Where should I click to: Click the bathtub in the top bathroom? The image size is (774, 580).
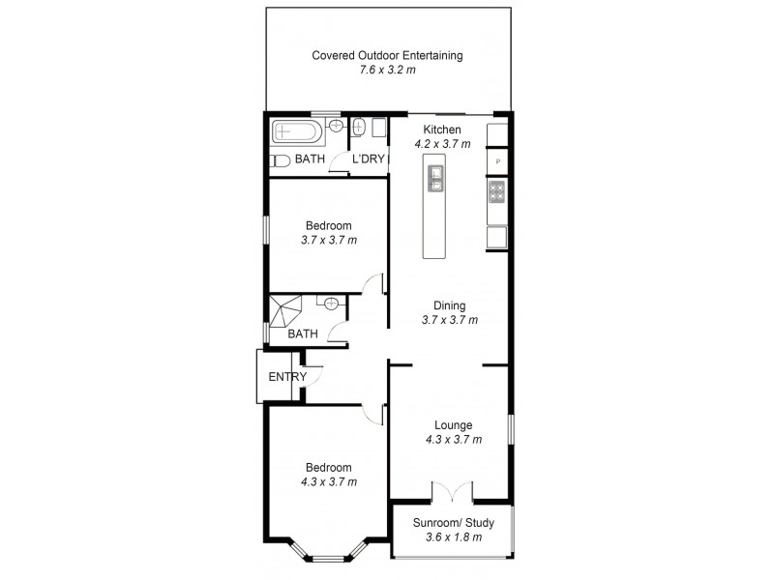299,131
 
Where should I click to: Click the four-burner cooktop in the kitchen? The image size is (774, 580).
497,194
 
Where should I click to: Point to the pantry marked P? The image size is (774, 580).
497,161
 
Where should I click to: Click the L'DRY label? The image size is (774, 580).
369,159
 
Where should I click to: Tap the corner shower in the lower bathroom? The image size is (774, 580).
285,311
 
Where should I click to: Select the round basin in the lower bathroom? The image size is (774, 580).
332,303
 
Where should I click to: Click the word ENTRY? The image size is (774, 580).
287,377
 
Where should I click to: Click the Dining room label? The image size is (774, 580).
450,304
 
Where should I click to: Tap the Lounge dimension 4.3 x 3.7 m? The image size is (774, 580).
453,439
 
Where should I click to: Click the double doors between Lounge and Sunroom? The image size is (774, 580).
452,492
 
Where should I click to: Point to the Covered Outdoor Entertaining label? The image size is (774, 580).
387,55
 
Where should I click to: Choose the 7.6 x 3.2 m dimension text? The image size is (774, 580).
387,71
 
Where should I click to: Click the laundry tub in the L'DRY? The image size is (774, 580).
358,127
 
